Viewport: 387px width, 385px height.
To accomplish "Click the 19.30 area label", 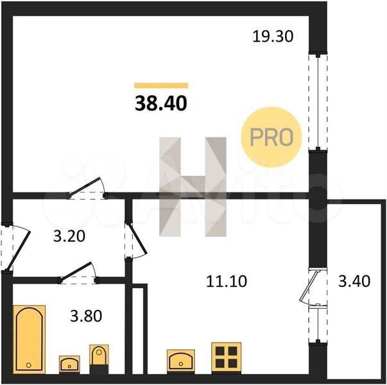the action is tap(273, 37).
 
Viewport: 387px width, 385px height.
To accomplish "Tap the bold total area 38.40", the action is tap(161, 103).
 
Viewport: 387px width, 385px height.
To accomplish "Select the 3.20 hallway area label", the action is tap(69, 236).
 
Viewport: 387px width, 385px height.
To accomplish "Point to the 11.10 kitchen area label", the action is tap(227, 281).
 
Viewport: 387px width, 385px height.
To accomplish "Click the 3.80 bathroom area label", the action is tap(86, 316).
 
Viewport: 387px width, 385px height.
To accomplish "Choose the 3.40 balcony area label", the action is tap(354, 281).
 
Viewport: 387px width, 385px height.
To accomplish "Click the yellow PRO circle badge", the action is tap(271, 137).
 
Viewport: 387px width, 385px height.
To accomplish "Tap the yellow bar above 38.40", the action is tap(161, 85).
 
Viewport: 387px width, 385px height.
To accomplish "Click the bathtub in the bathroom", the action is tap(29, 339).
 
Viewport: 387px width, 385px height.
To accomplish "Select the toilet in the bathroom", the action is tap(99, 359).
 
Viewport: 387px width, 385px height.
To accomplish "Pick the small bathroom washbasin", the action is tap(69, 364).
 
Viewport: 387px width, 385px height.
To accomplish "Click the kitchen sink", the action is tap(181, 362).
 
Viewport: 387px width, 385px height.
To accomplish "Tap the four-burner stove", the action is tap(227, 358).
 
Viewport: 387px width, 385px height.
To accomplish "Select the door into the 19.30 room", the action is tap(88, 188).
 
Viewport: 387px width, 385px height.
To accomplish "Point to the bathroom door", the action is tap(78, 273).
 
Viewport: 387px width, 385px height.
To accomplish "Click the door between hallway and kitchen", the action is tap(136, 240).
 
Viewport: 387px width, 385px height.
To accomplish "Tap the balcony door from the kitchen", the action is tap(311, 287).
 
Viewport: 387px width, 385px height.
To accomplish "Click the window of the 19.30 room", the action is tap(318, 101).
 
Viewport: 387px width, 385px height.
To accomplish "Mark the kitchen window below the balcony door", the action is tap(318, 325).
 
